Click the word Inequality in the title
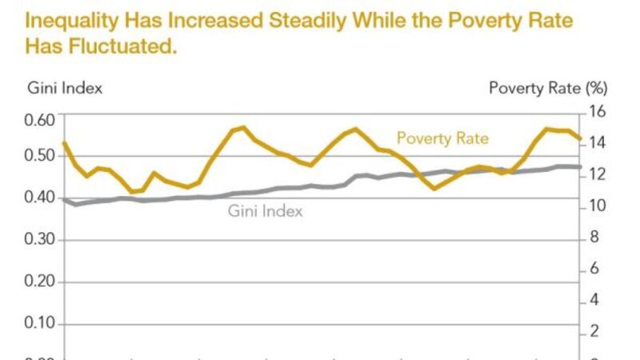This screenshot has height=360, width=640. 67,20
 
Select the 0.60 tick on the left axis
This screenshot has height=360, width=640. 39,120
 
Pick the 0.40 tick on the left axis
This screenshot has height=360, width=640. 39,198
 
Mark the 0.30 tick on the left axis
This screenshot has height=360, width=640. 39,240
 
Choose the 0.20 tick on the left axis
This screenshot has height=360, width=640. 39,282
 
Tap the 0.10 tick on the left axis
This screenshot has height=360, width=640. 39,324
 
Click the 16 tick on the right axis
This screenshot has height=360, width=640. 599,111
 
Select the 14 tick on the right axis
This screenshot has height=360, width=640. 599,143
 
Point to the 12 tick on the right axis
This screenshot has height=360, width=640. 599,174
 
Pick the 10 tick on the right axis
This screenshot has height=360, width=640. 599,206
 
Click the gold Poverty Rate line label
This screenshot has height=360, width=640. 442,138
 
